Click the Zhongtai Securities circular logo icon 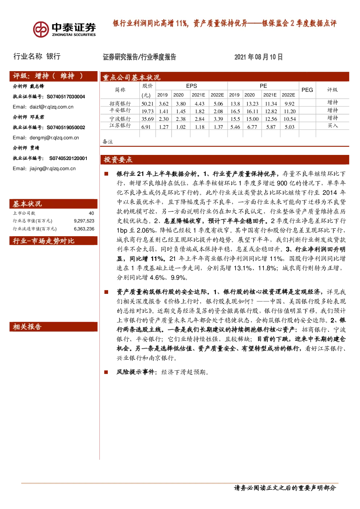pos(41,29)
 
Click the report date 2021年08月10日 pos(258,57)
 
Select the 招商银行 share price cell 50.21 pos(147,104)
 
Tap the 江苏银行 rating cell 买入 pos(332,126)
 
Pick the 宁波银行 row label pos(120,119)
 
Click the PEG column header pos(307,90)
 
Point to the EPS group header pos(191,86)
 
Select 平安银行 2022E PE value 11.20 pos(290,111)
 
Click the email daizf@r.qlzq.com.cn pos(52,107)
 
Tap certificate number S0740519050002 pos(66,127)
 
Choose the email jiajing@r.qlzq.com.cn pos(53,168)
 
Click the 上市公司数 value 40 pos(91,213)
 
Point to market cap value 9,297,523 pos(84,221)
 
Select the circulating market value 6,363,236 pos(84,229)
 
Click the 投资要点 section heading pos(118,160)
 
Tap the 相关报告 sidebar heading pos(27,327)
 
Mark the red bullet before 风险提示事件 pos(106,372)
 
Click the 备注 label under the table pos(107,142)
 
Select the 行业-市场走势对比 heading pos(44,241)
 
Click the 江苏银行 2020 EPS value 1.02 pos(181,127)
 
